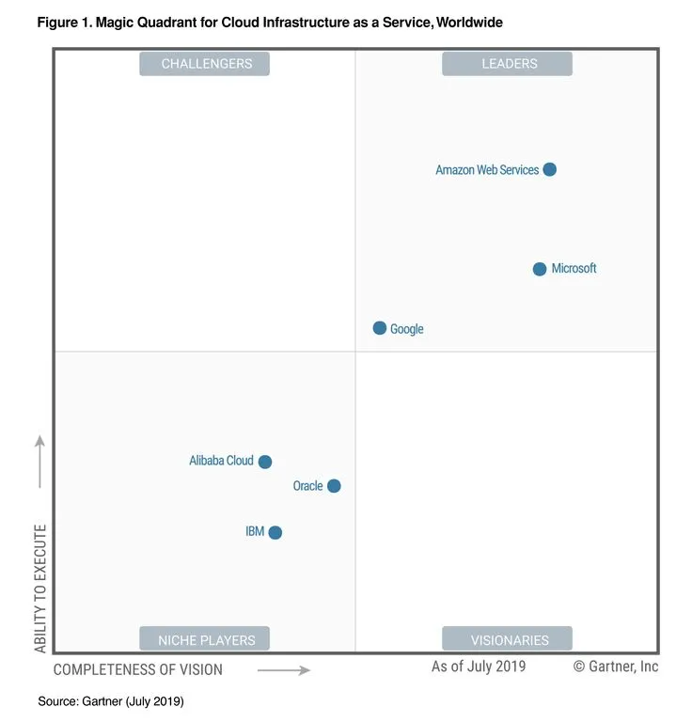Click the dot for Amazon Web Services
550,170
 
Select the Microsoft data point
540,269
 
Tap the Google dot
380,328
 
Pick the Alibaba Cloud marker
265,462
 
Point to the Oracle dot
334,486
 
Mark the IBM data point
275,532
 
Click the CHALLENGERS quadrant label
205,64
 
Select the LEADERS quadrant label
507,64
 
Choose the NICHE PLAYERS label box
205,640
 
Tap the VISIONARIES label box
507,640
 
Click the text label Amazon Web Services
487,170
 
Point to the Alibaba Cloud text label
221,461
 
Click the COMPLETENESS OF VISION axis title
138,670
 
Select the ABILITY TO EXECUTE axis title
40,588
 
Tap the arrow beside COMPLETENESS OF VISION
284,670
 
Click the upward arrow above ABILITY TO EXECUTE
40,461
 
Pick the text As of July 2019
479,667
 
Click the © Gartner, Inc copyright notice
616,667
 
